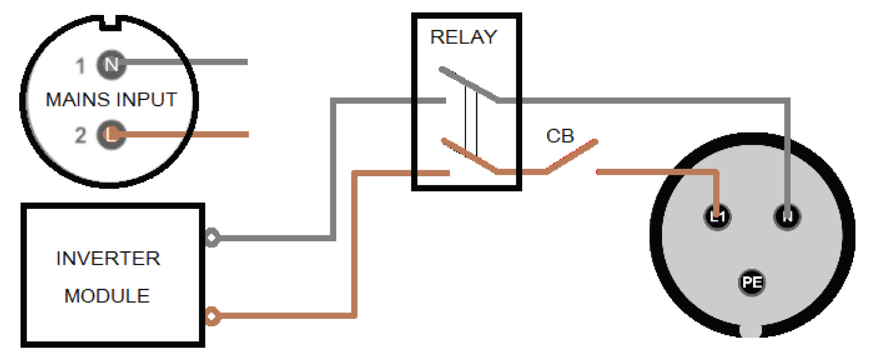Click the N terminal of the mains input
click(111, 64)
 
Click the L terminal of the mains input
click(111, 135)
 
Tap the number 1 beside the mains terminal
click(80, 66)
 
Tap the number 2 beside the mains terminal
click(80, 135)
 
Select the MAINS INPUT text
click(111, 100)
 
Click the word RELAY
click(463, 37)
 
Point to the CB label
click(560, 136)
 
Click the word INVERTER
click(108, 259)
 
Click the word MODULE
click(107, 296)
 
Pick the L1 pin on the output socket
click(717, 216)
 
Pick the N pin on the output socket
click(787, 216)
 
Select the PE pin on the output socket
click(752, 282)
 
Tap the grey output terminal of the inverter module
click(212, 237)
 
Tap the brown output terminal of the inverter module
click(212, 316)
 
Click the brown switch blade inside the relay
click(470, 156)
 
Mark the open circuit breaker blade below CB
click(572, 156)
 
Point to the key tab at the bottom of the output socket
click(750, 330)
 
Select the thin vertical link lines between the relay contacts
click(470, 120)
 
